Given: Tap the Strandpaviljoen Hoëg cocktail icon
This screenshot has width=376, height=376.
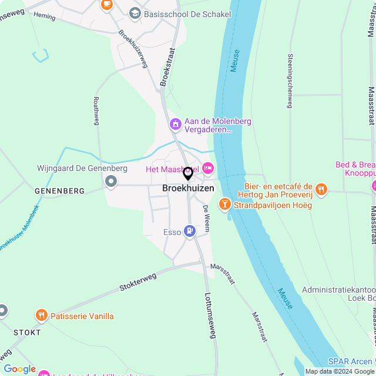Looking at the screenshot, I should pos(224,204).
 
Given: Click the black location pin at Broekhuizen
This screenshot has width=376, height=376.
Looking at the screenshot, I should pos(188,174).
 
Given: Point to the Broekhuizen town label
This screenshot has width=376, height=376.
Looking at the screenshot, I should pos(188,189).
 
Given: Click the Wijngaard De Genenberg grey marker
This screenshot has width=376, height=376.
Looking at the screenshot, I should pos(111,182).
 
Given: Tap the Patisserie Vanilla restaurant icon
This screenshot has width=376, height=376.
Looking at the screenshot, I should pos(41,316).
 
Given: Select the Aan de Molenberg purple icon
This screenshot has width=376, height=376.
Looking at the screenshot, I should pos(174,125).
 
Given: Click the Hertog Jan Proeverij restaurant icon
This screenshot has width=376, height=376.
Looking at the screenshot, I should pos(321,189).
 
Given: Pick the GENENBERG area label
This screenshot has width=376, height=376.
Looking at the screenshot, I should pos(59,191).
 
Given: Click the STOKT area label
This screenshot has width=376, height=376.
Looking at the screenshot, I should pos(27,333).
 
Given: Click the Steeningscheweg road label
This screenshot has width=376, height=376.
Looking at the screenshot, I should pos(290,81).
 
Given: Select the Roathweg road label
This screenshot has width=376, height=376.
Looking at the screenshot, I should pos(96,111).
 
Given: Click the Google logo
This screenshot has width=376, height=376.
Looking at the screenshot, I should pos(19,369).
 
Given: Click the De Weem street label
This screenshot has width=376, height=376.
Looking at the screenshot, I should pos(206,217).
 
